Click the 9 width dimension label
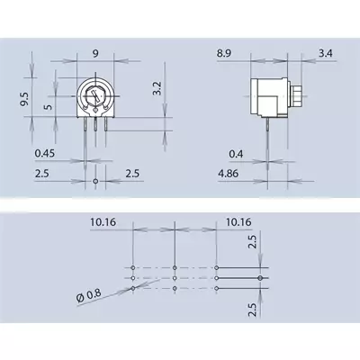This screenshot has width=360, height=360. (x=95, y=54)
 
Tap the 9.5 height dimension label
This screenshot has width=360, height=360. (x=24, y=99)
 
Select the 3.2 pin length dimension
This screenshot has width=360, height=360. (x=157, y=88)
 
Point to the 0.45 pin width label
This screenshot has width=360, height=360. (x=45, y=153)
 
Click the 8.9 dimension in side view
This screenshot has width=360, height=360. (x=224, y=54)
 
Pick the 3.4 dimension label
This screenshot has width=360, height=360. (x=326, y=54)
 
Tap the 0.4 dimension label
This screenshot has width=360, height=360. (x=236, y=154)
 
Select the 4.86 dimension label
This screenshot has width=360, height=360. (x=229, y=174)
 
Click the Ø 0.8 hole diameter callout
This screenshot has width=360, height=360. (x=89, y=296)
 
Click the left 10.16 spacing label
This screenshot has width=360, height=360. (x=103, y=222)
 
